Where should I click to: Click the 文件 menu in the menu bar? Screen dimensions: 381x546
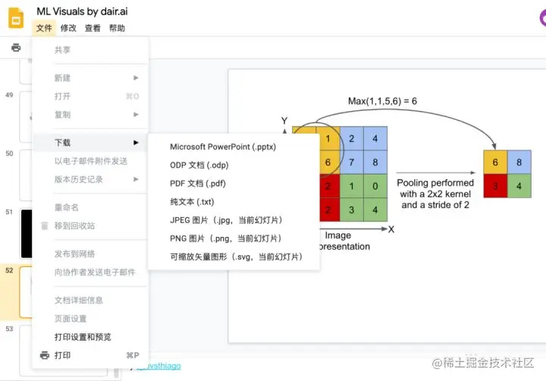coord(44,28)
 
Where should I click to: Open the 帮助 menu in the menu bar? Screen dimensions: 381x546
coord(117,28)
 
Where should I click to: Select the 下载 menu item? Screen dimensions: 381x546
coord(63,143)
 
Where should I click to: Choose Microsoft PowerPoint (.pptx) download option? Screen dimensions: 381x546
coord(223,146)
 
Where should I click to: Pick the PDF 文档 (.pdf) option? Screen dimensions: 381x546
coord(198,183)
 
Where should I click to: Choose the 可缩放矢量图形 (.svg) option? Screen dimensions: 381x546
coord(236,257)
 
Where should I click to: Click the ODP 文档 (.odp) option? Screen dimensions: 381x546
coord(199,165)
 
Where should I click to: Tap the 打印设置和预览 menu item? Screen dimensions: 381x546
coord(83,337)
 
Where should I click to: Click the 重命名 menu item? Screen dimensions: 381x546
coord(67,207)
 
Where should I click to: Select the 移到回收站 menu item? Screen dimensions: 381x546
coord(74,225)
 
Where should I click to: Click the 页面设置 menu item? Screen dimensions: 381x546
coord(71,319)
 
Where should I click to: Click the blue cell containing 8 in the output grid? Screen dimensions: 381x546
coord(519,162)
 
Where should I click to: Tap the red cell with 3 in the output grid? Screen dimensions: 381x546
coord(495,185)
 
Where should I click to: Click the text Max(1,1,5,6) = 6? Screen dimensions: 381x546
coord(382,101)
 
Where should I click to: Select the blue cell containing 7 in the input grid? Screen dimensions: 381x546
coord(352,162)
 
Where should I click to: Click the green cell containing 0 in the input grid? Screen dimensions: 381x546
coord(375,185)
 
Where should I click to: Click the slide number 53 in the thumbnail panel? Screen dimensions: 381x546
coord(9,329)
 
